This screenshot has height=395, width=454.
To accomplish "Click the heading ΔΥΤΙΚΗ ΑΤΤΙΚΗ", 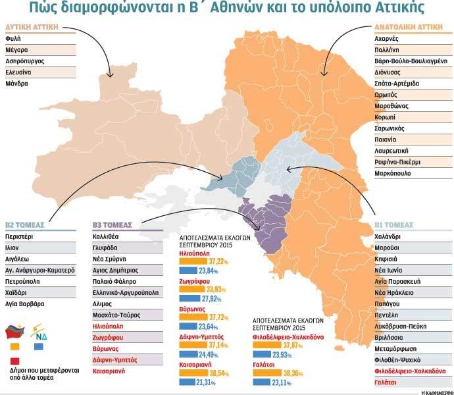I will (x=32, y=27).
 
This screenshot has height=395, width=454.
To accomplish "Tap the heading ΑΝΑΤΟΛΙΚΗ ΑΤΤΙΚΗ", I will (x=408, y=28).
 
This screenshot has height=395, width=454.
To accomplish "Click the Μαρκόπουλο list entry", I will (x=393, y=174).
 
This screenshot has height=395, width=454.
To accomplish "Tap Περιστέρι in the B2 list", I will (x=19, y=236).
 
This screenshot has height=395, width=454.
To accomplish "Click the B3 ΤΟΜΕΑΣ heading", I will (x=114, y=224).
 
